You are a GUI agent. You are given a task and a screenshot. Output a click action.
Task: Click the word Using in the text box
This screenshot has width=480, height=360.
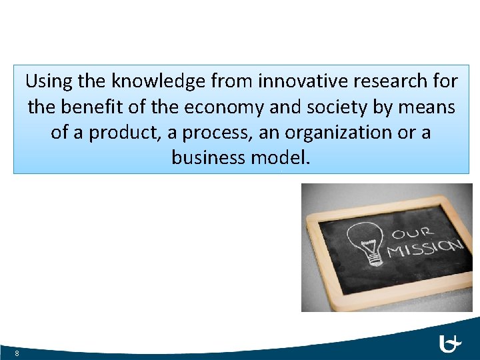tap(49, 81)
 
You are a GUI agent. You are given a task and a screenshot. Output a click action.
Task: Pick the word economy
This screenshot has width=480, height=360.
tap(224, 107)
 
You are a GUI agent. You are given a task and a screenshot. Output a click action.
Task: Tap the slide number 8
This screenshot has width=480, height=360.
tap(16, 353)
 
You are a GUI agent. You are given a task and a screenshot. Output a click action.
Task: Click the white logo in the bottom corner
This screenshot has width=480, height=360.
tap(451, 344)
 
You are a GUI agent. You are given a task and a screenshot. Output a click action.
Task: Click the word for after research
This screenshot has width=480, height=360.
tap(444, 81)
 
